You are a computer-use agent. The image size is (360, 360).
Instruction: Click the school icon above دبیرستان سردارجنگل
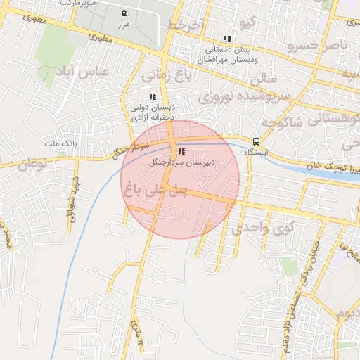(182, 151)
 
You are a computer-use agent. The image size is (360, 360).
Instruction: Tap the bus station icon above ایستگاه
(257, 140)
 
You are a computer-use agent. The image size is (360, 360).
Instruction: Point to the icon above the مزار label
(124, 13)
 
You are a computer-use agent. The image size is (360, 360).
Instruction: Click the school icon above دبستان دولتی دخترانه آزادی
(153, 96)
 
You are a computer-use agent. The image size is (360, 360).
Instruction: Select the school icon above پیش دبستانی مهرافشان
(226, 39)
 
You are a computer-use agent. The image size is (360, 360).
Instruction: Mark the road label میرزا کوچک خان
(332, 167)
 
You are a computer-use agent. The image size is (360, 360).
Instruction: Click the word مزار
(124, 24)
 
